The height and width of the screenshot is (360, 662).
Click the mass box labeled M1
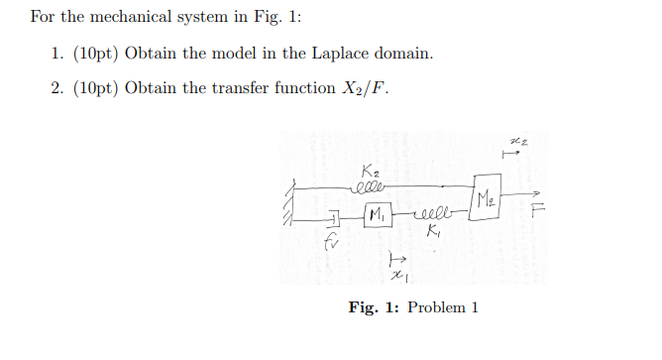tap(376, 215)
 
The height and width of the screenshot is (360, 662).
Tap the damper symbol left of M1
tap(334, 217)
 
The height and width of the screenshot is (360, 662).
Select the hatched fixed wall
tap(290, 204)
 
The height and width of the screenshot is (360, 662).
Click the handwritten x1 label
tap(396, 275)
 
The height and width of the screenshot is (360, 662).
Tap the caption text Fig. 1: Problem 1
tap(413, 307)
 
